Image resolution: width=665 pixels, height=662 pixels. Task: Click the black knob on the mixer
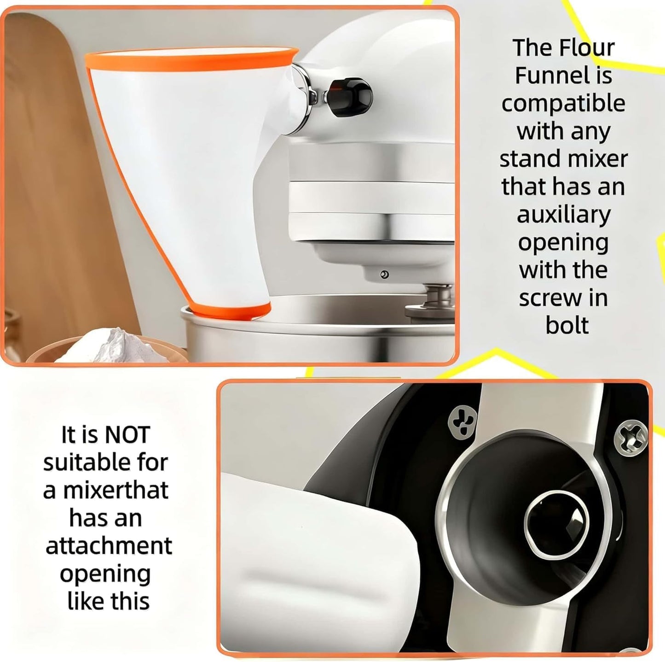(349, 96)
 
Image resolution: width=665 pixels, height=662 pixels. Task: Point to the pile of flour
(114, 346)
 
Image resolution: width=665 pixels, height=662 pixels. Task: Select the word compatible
(563, 104)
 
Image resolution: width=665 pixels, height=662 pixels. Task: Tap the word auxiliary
(564, 215)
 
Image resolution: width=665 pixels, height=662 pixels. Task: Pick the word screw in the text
(546, 299)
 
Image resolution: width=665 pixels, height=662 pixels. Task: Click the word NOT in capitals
(127, 434)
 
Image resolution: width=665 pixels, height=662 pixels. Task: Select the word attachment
(109, 546)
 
